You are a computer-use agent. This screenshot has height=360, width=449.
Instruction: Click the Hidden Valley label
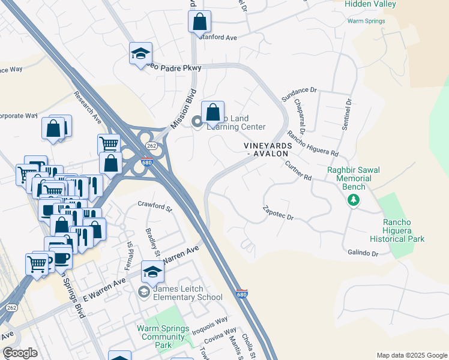[x=370, y=4]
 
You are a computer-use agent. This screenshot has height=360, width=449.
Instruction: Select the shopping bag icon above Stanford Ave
[x=200, y=22]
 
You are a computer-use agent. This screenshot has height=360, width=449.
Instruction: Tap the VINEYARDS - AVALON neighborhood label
[x=268, y=149]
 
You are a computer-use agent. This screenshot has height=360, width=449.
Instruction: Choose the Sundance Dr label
[x=299, y=91]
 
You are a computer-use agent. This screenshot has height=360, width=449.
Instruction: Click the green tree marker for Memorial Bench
[x=354, y=200]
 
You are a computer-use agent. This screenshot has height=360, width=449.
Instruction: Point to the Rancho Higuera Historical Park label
[x=404, y=230]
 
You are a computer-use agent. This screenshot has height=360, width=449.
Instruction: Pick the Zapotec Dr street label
[x=278, y=213]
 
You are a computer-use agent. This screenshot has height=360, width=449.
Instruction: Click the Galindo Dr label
[x=363, y=254]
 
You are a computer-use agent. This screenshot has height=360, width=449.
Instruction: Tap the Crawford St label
[x=155, y=206]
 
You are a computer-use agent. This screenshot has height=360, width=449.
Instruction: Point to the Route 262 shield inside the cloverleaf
[x=151, y=146]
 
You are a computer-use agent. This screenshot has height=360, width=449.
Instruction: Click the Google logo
[x=20, y=353]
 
